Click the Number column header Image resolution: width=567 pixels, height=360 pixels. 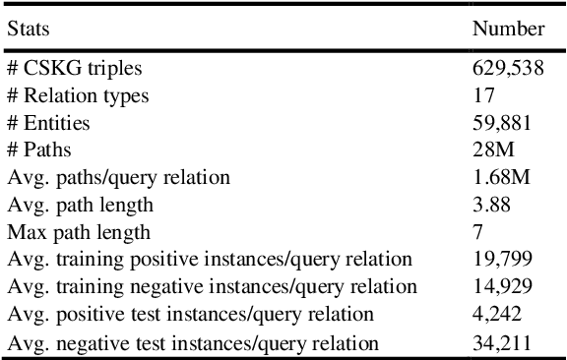pyautogui.click(x=508, y=30)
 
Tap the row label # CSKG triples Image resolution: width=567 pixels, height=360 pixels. pyautogui.click(x=74, y=68)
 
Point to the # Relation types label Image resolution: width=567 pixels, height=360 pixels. pyautogui.click(x=79, y=95)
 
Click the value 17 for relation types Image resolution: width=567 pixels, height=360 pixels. pyautogui.click(x=482, y=95)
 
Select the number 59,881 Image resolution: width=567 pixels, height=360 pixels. pyautogui.click(x=502, y=123)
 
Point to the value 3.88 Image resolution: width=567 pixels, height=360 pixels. pyautogui.click(x=490, y=206)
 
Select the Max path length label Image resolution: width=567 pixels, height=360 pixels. pyautogui.click(x=79, y=233)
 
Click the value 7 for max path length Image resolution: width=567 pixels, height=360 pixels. pyautogui.click(x=477, y=233)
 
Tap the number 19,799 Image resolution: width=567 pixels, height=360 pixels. pyautogui.click(x=502, y=261)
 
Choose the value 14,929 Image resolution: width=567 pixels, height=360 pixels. pyautogui.click(x=502, y=287)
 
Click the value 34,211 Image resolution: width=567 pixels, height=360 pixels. pyautogui.click(x=502, y=342)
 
